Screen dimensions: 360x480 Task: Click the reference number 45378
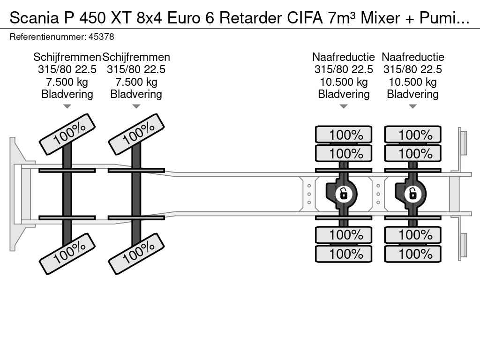101,37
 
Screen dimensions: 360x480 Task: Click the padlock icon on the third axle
344,193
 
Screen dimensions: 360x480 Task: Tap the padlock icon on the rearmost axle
412,193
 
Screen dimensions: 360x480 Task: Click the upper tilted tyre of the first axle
67,134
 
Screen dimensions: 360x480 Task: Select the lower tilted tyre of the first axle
67,254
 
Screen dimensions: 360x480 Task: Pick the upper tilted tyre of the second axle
136,134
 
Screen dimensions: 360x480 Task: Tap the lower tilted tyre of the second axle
136,254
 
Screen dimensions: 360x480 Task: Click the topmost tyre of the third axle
344,135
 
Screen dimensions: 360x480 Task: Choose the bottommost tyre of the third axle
344,254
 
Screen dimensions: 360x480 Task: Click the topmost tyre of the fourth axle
412,135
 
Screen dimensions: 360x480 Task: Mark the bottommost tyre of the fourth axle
412,254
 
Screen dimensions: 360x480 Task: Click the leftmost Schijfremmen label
67,57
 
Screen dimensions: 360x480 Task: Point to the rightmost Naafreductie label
412,57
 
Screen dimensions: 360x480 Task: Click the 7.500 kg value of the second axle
136,82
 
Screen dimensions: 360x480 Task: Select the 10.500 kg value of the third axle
344,82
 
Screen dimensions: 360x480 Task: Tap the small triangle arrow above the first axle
67,106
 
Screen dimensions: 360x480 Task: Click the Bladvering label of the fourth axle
412,94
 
